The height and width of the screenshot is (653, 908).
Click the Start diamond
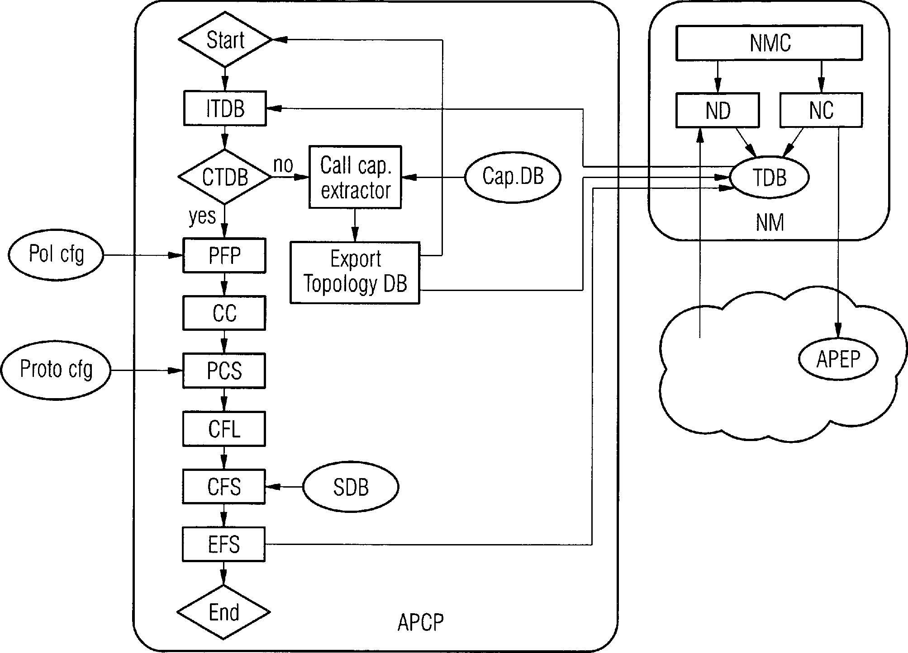click(x=225, y=40)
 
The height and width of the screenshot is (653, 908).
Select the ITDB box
click(x=225, y=108)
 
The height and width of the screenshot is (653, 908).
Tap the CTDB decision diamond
click(x=225, y=177)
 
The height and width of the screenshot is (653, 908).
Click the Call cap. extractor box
click(x=355, y=177)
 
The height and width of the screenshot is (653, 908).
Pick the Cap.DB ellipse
click(x=513, y=176)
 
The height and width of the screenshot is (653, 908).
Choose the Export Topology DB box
click(x=355, y=272)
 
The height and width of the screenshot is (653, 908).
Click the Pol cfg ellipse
click(x=56, y=255)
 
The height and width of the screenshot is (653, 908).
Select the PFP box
click(x=224, y=256)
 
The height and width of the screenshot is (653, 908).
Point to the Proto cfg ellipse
click(x=56, y=370)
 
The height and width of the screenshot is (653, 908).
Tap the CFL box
click(x=224, y=428)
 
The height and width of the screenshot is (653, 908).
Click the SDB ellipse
click(x=351, y=487)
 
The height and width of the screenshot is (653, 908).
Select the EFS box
click(x=223, y=545)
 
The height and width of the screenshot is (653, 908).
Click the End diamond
click(x=223, y=612)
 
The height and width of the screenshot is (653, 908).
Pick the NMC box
click(x=769, y=43)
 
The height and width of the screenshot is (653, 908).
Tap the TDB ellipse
click(x=769, y=177)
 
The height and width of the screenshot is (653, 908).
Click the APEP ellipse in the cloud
click(x=838, y=359)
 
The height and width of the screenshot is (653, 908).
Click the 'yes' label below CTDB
click(x=202, y=216)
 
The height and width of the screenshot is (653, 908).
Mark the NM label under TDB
click(x=770, y=222)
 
